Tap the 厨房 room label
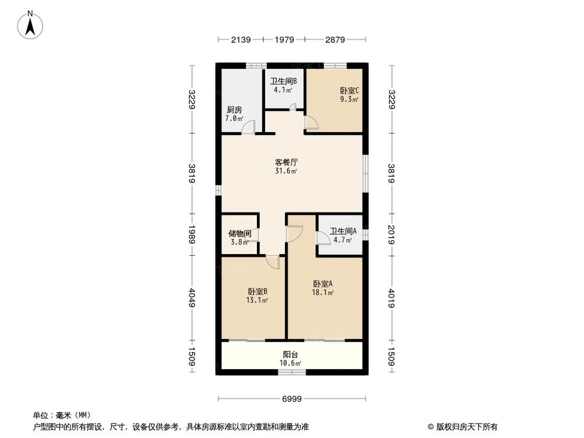(234, 110)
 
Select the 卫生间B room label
(283, 81)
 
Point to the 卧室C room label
(349, 91)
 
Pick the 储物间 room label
(239, 233)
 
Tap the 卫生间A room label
(341, 231)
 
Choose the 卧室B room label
(258, 291)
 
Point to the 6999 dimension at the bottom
(291, 399)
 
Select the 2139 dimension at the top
(241, 40)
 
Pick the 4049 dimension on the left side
(192, 297)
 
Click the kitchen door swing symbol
(249, 127)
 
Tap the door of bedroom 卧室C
(311, 121)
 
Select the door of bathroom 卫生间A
(322, 238)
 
